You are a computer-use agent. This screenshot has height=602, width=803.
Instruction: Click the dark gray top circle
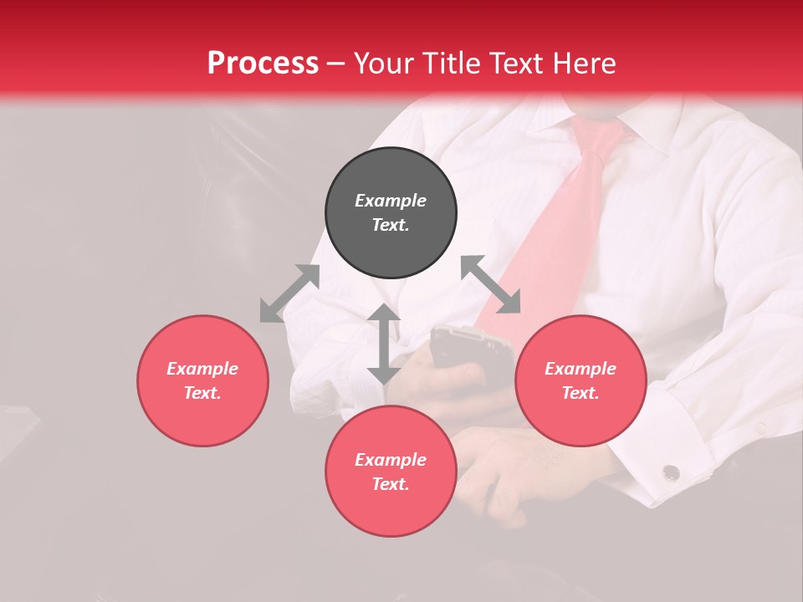(x=391, y=213)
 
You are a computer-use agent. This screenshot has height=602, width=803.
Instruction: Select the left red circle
(x=202, y=380)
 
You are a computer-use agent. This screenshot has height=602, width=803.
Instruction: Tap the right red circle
(x=581, y=380)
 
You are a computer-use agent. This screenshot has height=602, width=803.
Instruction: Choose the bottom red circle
(x=391, y=472)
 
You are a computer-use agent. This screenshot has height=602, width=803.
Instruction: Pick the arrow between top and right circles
(x=490, y=284)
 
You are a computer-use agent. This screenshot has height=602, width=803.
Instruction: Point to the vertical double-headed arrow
(x=384, y=344)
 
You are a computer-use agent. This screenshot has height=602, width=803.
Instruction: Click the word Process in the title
(x=263, y=64)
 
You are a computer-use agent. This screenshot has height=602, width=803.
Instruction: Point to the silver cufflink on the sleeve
(x=671, y=473)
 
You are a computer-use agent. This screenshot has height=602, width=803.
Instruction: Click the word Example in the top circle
(x=391, y=201)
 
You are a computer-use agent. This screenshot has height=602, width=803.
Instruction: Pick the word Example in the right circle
(x=581, y=369)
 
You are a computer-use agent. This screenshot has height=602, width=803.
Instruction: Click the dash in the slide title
(x=336, y=64)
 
